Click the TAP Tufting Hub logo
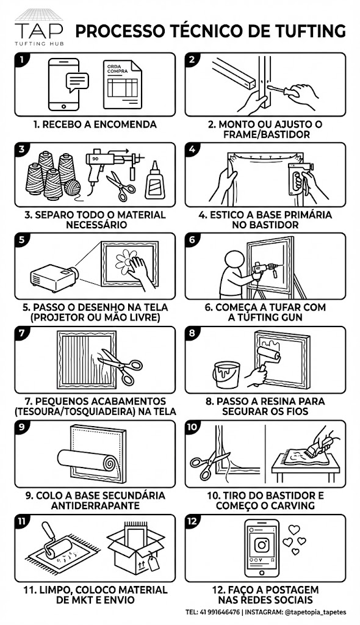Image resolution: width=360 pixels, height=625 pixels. pyautogui.click(x=39, y=27)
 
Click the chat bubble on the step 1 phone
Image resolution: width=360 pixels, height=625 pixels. pyautogui.click(x=77, y=82)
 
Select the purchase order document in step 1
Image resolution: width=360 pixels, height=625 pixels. pyautogui.click(x=122, y=84)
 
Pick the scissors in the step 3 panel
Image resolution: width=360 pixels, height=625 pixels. pyautogui.click(x=121, y=186)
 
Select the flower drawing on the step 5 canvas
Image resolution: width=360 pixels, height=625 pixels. pyautogui.click(x=125, y=262)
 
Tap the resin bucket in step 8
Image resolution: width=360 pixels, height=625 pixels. pyautogui.click(x=226, y=375)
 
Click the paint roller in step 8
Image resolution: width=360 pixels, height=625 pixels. pyautogui.click(x=265, y=361)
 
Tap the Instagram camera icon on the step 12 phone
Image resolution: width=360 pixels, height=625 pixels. pyautogui.click(x=262, y=545)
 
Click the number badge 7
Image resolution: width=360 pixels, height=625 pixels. pyautogui.click(x=23, y=333)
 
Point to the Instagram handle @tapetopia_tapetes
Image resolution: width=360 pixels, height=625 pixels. pyautogui.click(x=315, y=612)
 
